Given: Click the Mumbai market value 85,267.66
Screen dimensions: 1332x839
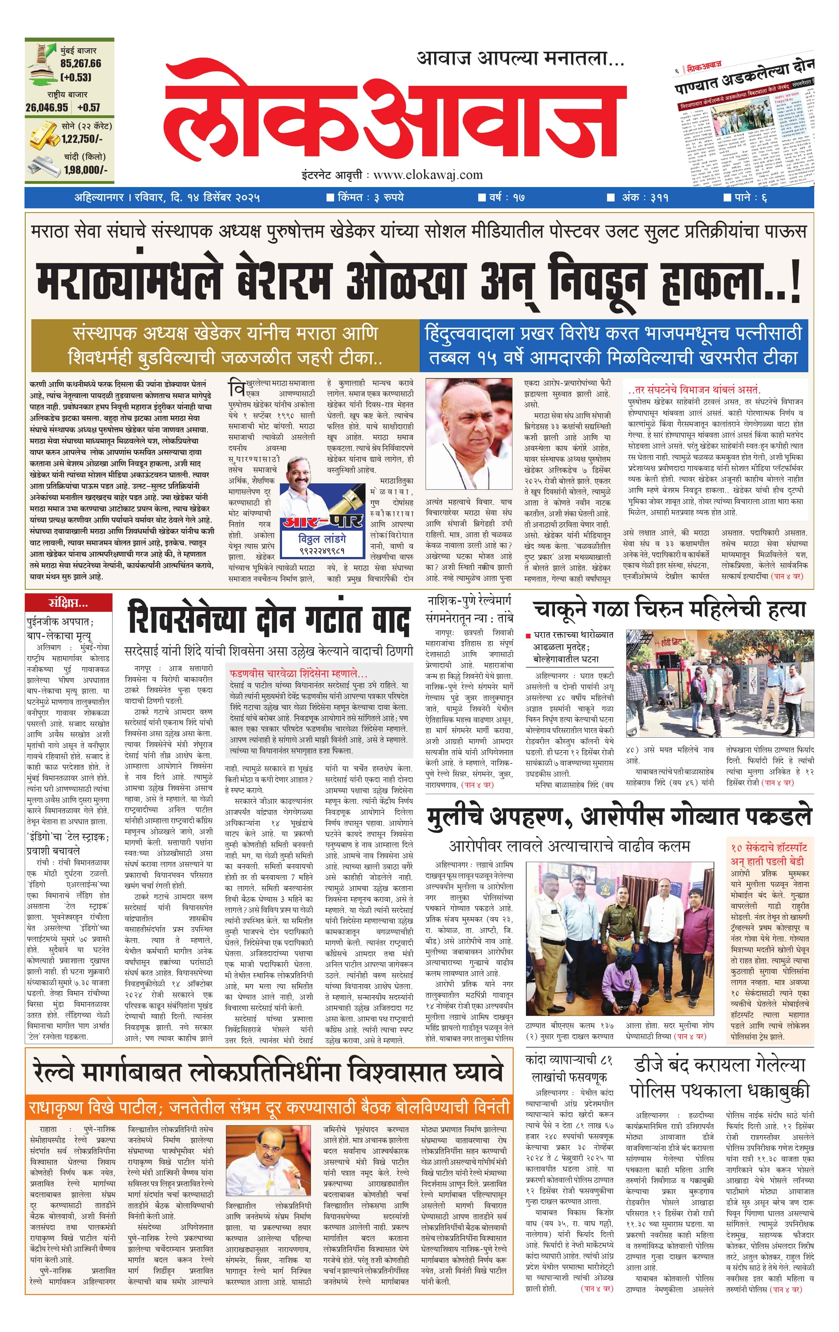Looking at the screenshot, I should click(81, 64).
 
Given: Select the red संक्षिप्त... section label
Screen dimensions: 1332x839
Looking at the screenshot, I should click(68, 602).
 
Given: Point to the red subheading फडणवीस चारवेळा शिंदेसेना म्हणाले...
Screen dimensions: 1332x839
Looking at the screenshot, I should click(298, 674).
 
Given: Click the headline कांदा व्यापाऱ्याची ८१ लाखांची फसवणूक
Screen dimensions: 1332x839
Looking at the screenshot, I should click(569, 1069).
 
